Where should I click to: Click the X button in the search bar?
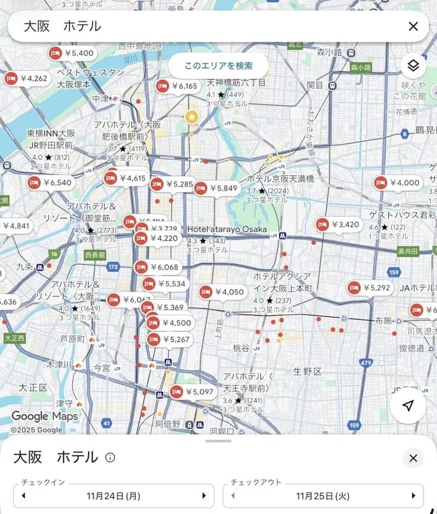point(413,26)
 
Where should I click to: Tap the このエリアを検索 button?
point(218,65)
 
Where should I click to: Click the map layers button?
point(413,65)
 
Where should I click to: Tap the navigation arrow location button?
point(407,406)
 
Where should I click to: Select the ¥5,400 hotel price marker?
point(72,53)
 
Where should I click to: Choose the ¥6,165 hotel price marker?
point(178,86)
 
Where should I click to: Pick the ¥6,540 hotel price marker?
point(50,183)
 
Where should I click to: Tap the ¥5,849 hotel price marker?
point(216,189)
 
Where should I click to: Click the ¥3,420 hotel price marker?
point(338,224)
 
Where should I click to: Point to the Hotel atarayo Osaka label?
point(227,229)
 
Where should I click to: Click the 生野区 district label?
point(307,372)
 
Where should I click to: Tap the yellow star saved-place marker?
point(192,117)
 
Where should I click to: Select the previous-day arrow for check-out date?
point(233,496)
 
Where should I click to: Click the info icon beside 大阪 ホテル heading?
point(110,457)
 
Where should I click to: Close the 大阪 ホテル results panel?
point(413,458)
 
